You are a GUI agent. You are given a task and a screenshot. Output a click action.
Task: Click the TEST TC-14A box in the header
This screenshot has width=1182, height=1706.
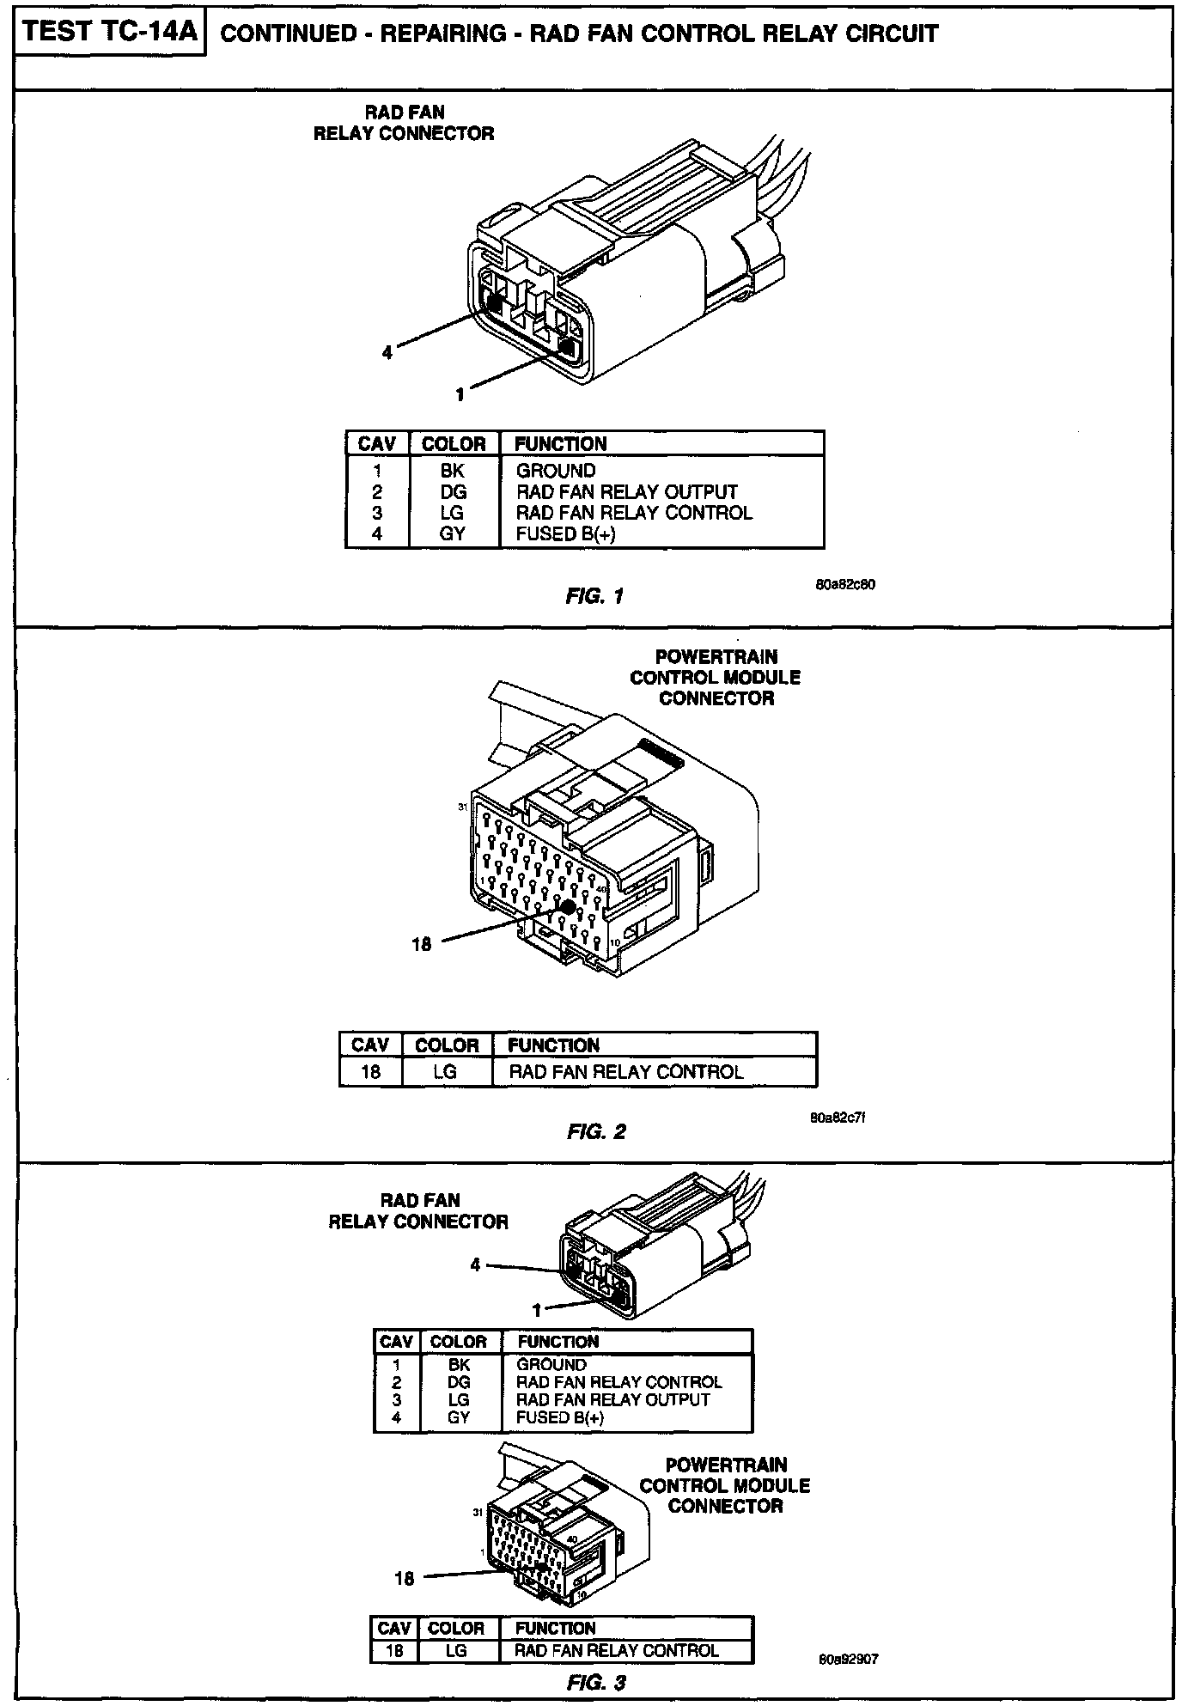110,33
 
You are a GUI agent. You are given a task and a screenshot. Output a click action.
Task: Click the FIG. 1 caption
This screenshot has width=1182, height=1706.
594,595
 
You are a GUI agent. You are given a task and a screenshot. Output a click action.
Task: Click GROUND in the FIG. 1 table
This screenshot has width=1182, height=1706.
556,471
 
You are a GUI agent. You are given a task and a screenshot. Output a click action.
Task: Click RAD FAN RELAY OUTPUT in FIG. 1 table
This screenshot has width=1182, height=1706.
626,492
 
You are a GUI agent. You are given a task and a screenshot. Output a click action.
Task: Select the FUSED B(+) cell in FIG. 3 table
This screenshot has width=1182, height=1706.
560,1417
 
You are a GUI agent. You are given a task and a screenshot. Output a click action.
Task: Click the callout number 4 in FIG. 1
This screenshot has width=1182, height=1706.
387,352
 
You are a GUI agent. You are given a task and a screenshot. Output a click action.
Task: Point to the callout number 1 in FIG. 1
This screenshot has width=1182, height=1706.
460,393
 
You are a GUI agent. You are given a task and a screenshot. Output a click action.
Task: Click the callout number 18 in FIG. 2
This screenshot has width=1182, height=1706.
421,946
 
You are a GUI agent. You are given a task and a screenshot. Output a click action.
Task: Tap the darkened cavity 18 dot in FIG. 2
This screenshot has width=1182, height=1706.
567,906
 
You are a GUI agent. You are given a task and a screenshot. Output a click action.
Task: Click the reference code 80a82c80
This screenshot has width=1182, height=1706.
845,584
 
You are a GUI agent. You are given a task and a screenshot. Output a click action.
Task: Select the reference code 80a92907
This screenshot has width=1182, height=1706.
849,1660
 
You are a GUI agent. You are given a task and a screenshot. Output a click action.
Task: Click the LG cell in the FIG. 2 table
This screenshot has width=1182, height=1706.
445,1072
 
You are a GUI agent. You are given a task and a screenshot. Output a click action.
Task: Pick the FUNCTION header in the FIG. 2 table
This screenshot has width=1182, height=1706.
553,1045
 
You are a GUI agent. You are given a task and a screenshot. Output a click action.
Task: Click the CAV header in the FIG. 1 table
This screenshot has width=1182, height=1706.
376,444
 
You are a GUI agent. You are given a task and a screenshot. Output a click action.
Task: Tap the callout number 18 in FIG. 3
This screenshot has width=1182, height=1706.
405,1578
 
